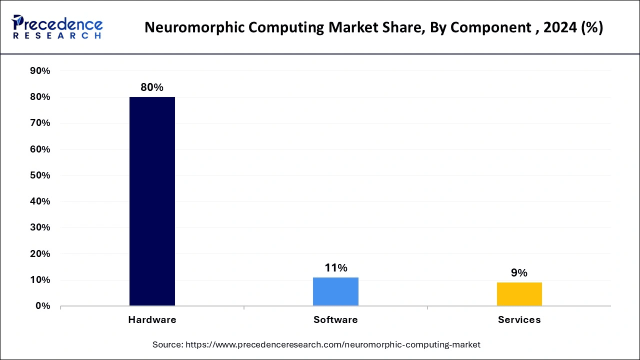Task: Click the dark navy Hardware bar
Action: [152, 201]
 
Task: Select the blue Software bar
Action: [335, 291]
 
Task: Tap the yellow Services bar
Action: [519, 294]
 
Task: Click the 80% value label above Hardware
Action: [152, 87]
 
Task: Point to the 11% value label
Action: [335, 268]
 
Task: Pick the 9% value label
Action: [519, 273]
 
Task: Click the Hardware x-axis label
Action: [152, 320]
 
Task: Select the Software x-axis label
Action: [335, 320]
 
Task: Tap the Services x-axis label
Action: [519, 320]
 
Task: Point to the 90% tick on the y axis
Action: [40, 71]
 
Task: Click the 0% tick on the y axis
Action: [42, 306]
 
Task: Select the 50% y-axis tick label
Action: [40, 175]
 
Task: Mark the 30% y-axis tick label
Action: [40, 227]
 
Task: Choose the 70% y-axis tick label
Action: [40, 123]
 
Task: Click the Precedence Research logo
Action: [57, 27]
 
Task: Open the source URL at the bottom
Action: [333, 344]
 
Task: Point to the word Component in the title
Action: [498, 28]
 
